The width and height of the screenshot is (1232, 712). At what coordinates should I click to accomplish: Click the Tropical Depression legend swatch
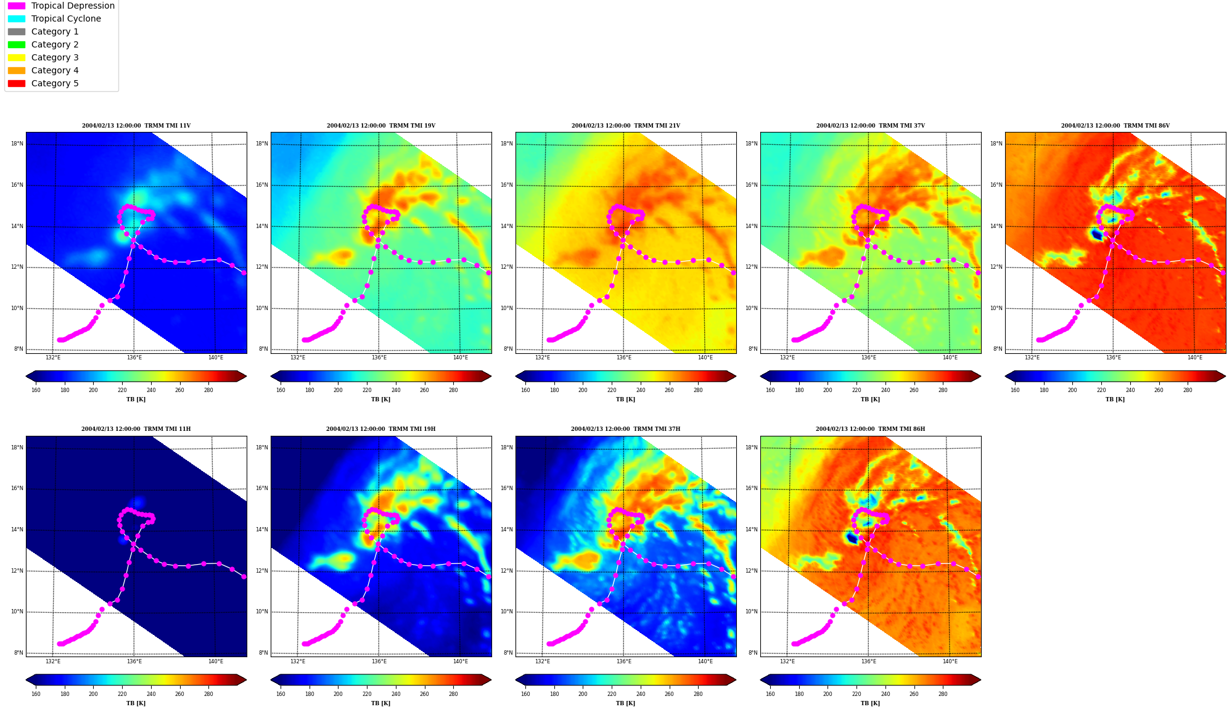(x=17, y=6)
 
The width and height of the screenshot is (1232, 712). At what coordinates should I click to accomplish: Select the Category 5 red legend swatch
(x=17, y=83)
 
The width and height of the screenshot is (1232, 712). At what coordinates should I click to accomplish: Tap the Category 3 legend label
(x=55, y=57)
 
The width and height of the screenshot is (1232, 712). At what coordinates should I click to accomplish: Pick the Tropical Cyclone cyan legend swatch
(x=17, y=18)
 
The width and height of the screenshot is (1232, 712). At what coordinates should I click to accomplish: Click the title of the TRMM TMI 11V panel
(x=136, y=126)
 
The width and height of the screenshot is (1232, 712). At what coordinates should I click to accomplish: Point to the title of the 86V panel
(x=1115, y=126)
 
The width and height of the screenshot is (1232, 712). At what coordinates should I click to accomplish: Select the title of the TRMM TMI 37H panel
(x=625, y=429)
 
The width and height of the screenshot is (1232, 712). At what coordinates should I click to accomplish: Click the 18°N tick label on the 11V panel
(x=17, y=144)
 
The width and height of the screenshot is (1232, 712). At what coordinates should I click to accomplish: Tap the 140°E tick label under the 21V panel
(x=705, y=358)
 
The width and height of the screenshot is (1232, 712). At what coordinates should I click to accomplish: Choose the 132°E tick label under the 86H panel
(x=787, y=661)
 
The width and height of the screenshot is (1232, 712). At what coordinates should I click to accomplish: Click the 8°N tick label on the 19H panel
(x=263, y=653)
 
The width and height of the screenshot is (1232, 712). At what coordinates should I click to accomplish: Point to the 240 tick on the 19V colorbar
(x=396, y=390)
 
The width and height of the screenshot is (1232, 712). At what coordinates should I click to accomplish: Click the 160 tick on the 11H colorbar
(x=36, y=694)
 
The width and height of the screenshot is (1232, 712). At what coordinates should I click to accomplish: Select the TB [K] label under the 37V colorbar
(x=870, y=399)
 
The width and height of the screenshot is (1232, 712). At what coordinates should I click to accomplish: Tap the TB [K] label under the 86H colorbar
(x=870, y=703)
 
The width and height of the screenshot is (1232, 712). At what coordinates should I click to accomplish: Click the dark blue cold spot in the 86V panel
(x=1096, y=234)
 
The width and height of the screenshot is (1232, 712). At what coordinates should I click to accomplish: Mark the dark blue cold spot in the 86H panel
(x=852, y=538)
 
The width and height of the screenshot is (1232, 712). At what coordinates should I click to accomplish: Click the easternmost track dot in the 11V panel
(x=244, y=272)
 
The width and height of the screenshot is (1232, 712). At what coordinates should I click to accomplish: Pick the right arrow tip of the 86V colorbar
(x=1225, y=376)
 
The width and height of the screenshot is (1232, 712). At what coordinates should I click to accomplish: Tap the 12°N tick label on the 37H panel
(x=508, y=571)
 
